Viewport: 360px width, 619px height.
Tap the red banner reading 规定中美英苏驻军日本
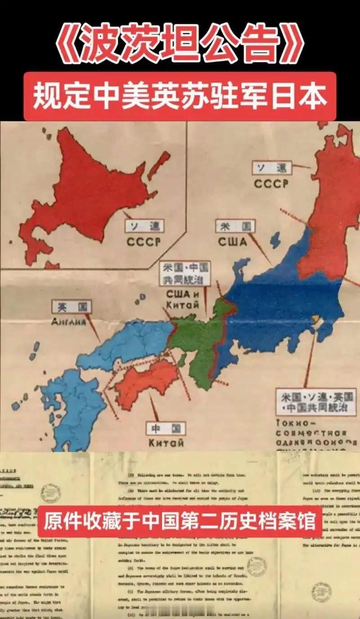(180, 96)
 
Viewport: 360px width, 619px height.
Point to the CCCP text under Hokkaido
(143, 242)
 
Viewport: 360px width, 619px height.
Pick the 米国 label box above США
(235, 226)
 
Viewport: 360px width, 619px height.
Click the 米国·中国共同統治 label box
(185, 273)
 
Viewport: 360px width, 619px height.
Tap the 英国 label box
(71, 307)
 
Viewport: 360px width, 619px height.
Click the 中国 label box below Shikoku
(166, 429)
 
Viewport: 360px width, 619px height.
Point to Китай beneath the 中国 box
(166, 443)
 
